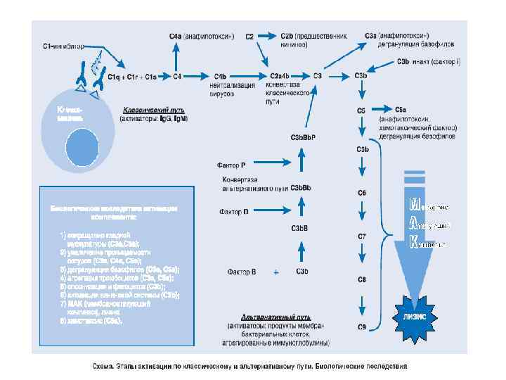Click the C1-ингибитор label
[x=63, y=47]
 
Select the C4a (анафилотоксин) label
[x=201, y=36]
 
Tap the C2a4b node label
[x=279, y=75]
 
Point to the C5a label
[x=401, y=110]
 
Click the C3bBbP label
[x=303, y=137]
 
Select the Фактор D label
[x=233, y=210]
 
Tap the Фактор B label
[x=242, y=271]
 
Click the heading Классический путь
[x=153, y=110]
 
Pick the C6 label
[x=362, y=193]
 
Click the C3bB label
[x=300, y=227]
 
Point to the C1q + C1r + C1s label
[x=132, y=76]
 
